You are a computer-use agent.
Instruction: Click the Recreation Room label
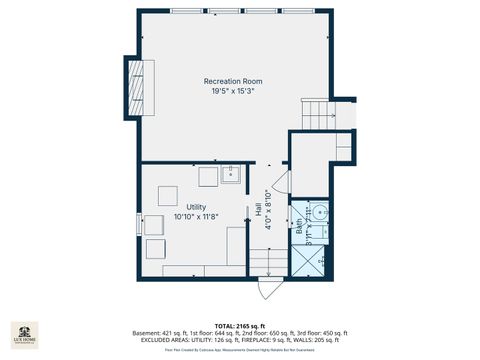(x=232, y=81)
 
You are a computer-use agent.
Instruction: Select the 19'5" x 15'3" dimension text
(x=232, y=91)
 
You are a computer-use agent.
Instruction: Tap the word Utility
(x=195, y=207)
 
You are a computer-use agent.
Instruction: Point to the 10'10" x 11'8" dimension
(x=195, y=217)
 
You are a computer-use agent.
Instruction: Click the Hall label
(x=259, y=211)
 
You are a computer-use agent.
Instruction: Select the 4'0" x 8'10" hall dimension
(x=268, y=211)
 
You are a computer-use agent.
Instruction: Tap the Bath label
(x=298, y=228)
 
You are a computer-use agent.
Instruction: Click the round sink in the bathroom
(x=319, y=212)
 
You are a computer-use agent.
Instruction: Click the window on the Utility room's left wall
(x=138, y=224)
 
